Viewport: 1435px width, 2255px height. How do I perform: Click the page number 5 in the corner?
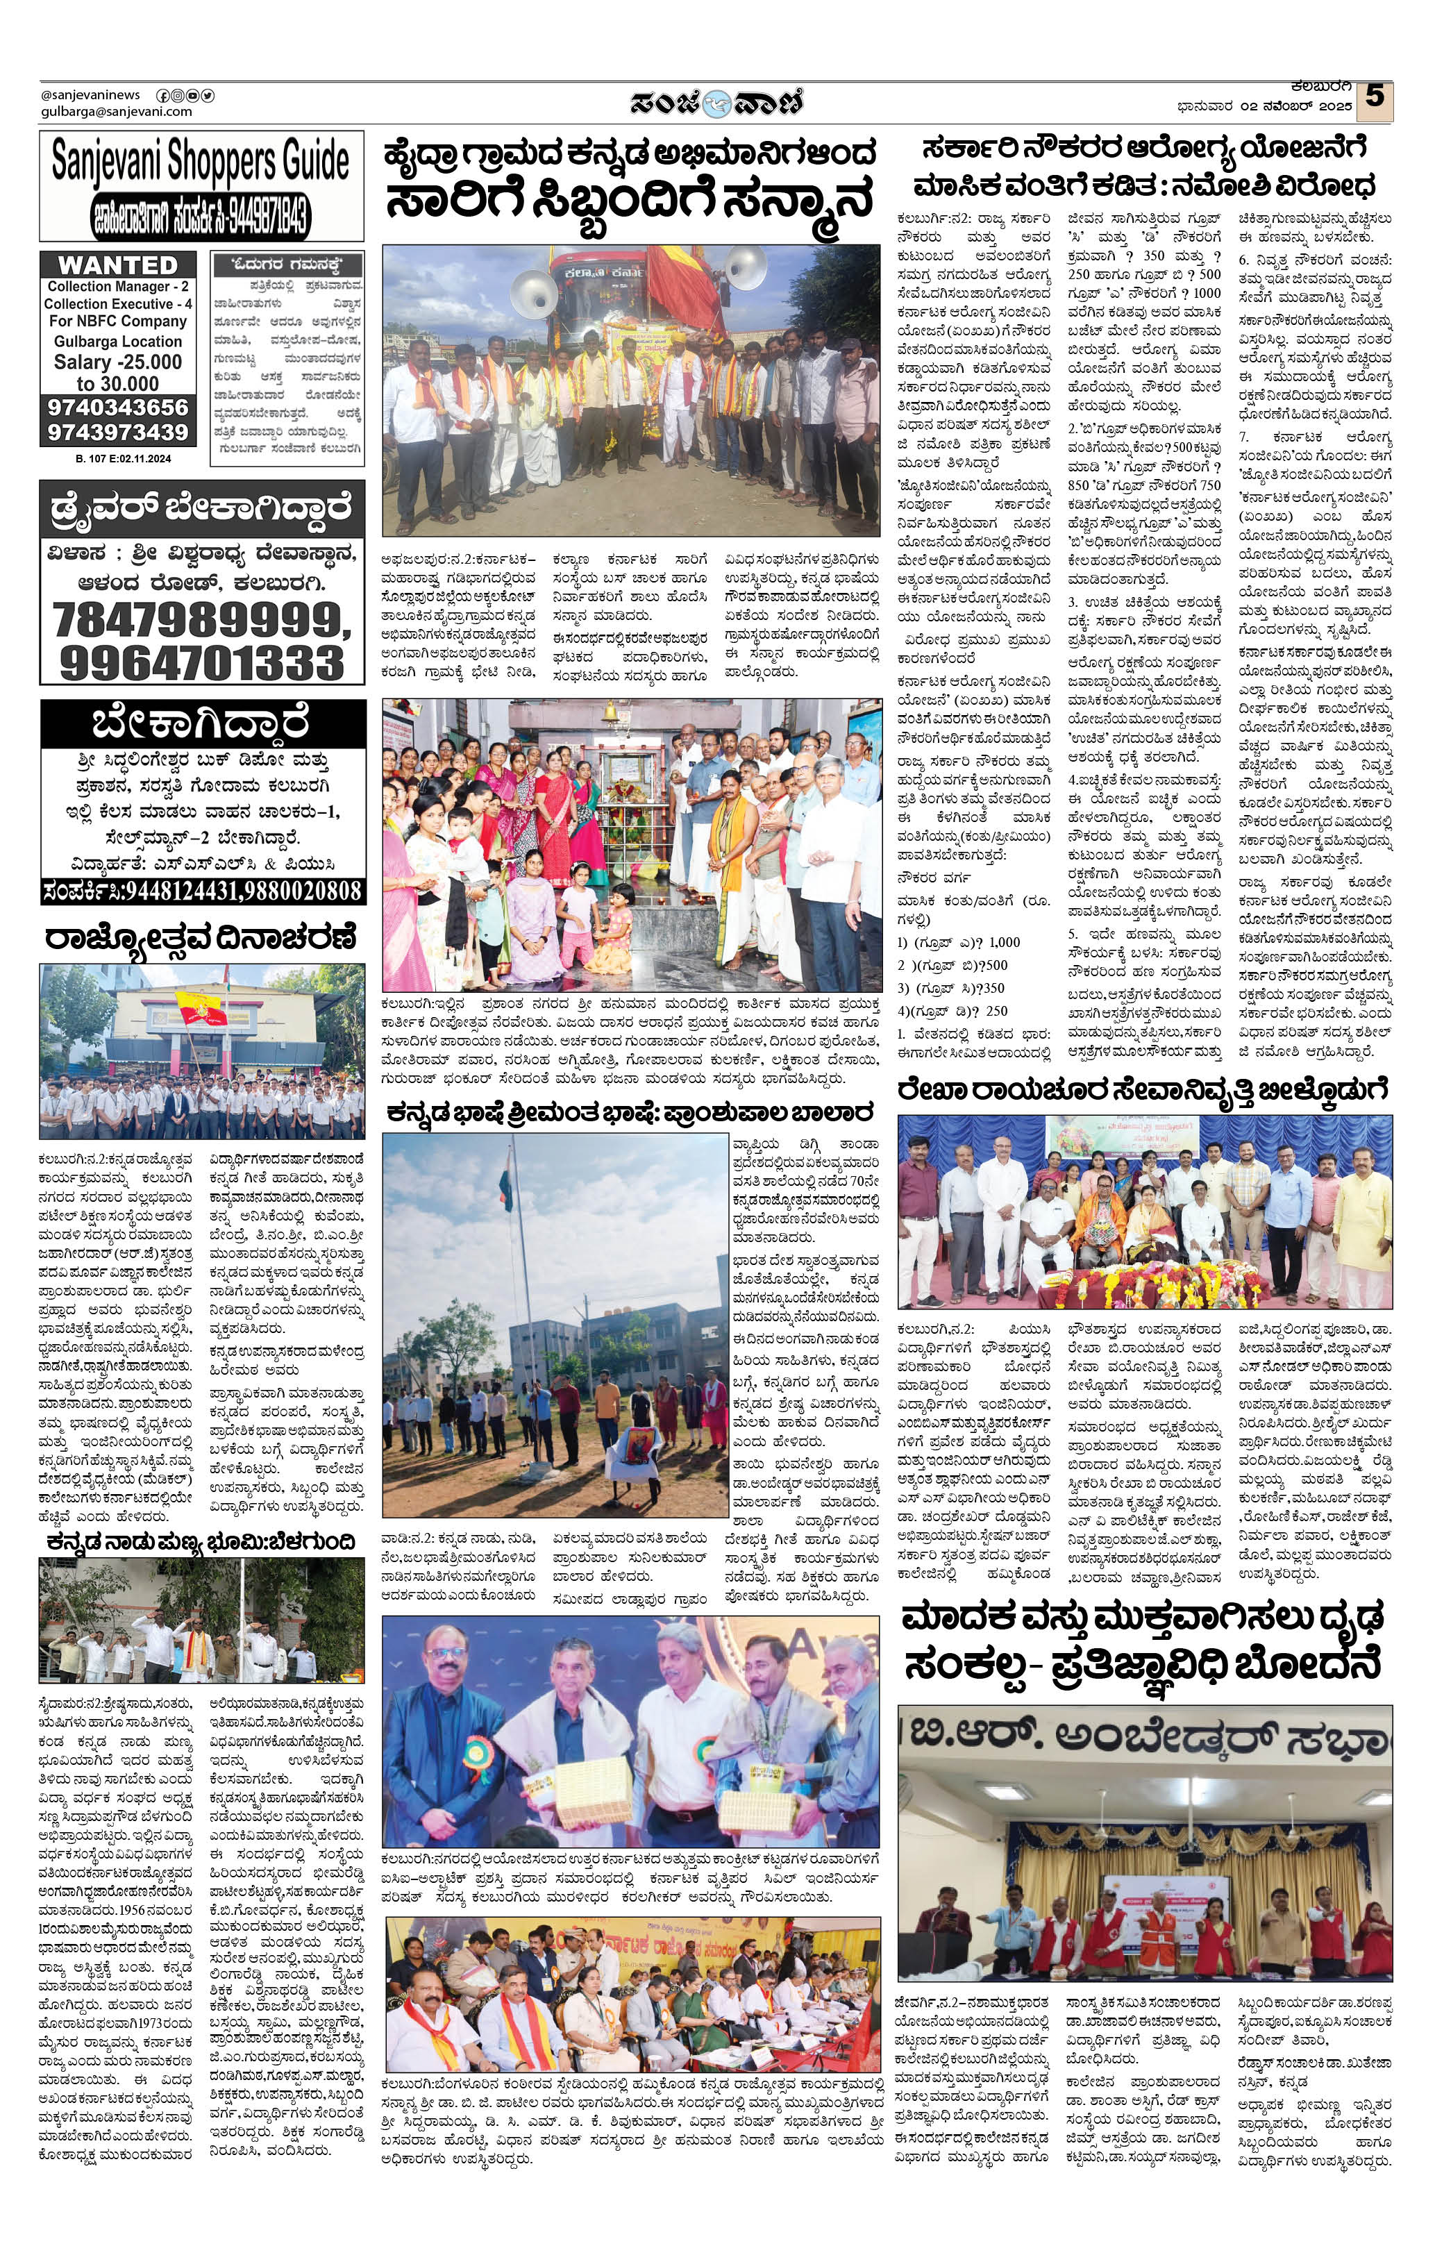[x=1374, y=97]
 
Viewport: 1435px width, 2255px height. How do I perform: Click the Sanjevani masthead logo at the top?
[x=716, y=101]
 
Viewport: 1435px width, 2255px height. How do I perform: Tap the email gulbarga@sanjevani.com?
[x=116, y=112]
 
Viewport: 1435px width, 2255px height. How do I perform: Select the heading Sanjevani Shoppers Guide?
[x=201, y=161]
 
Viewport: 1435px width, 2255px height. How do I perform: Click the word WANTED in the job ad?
[x=118, y=265]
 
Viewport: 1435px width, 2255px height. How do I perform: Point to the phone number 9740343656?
[x=118, y=408]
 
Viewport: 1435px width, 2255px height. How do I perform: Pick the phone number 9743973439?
[x=118, y=432]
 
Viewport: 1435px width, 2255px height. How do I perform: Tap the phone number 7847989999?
[x=201, y=620]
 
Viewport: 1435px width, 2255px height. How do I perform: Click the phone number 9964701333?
[x=201, y=663]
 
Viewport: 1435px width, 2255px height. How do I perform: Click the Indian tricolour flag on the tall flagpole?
[x=507, y=1177]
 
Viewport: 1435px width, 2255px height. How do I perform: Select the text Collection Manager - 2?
[x=118, y=287]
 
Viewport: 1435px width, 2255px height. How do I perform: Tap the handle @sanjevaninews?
[x=90, y=94]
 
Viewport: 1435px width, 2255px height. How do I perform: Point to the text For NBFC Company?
[x=118, y=321]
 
